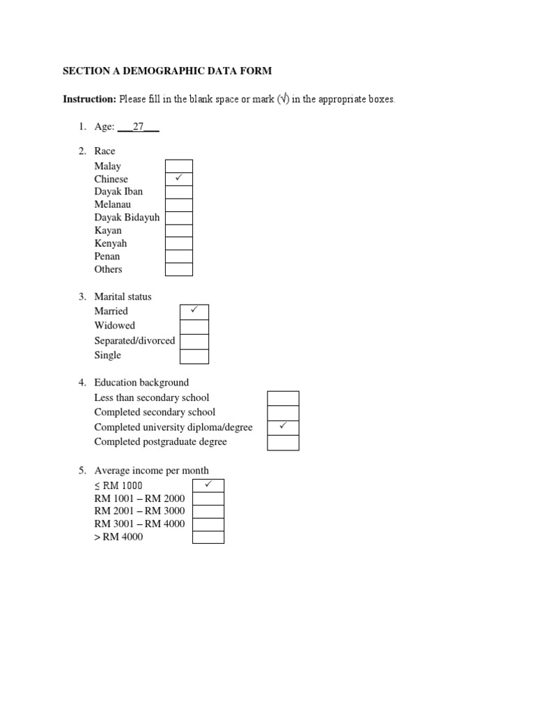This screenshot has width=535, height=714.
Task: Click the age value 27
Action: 138,127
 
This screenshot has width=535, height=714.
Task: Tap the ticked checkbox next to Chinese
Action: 178,179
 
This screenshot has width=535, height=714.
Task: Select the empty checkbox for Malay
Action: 178,166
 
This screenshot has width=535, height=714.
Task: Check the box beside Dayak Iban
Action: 178,192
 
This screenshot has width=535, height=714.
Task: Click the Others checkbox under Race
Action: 178,269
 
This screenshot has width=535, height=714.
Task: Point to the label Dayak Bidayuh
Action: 127,218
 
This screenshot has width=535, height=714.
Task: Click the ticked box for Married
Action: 194,312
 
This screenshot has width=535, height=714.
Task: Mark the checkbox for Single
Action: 194,356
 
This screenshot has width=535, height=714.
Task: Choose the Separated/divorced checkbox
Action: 194,341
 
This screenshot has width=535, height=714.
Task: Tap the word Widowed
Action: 115,326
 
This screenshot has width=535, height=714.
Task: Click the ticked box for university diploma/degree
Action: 283,427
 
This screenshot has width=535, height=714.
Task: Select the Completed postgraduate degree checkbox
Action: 283,442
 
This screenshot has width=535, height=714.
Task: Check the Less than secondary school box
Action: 283,398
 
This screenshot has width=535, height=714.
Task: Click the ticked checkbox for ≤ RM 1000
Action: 208,485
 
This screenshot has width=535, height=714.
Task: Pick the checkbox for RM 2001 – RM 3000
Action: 208,511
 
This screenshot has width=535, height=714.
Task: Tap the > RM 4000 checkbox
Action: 208,537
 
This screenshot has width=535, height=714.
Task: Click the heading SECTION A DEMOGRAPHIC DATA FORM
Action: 167,71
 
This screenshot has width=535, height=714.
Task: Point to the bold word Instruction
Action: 89,100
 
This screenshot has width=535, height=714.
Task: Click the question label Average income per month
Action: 151,471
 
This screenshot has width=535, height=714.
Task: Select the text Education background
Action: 141,383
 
